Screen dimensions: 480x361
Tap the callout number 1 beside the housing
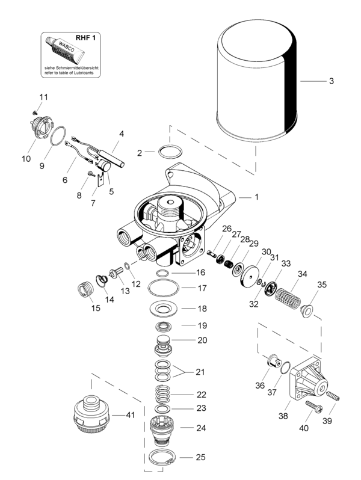point(256,197)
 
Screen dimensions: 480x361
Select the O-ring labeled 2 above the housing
point(170,152)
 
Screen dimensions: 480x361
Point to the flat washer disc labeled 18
point(162,309)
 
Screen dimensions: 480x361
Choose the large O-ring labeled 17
point(162,289)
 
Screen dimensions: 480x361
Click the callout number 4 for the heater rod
point(122,134)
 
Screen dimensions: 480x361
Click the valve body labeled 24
point(162,429)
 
